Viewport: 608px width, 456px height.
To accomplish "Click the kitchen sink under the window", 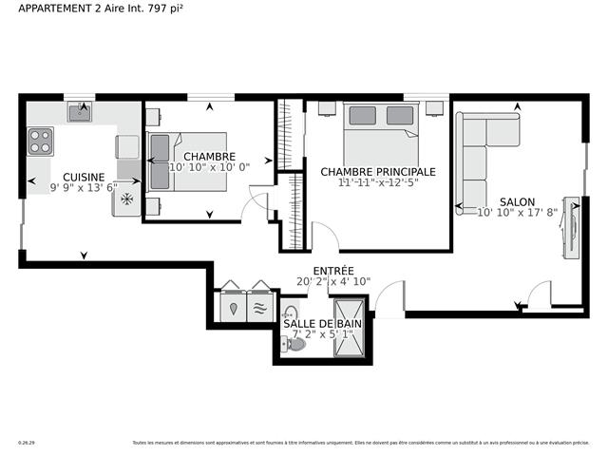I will [x=79, y=113].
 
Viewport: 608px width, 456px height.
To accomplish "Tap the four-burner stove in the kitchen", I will [x=41, y=142].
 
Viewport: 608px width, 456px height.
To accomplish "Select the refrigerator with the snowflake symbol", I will [x=125, y=202].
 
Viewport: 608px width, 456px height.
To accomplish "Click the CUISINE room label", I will [x=84, y=177].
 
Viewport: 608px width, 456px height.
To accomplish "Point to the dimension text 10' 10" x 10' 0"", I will [x=209, y=167].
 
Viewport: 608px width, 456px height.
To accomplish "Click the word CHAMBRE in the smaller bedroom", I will [x=209, y=156].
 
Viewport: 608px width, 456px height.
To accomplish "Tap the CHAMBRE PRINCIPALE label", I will [x=377, y=172].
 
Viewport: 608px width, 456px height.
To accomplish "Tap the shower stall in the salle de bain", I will [x=348, y=328].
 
